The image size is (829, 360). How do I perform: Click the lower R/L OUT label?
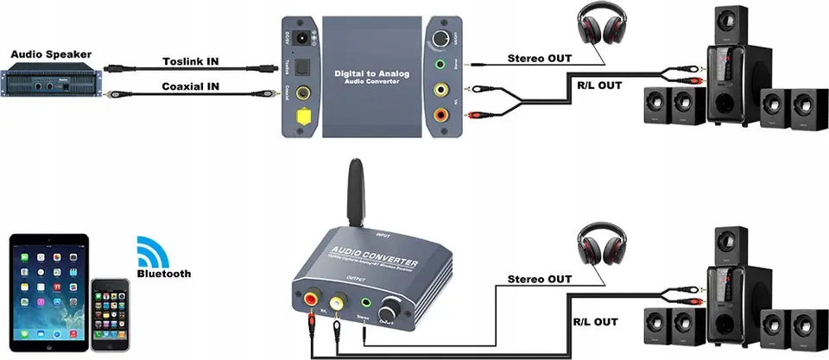tap(595, 321)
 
